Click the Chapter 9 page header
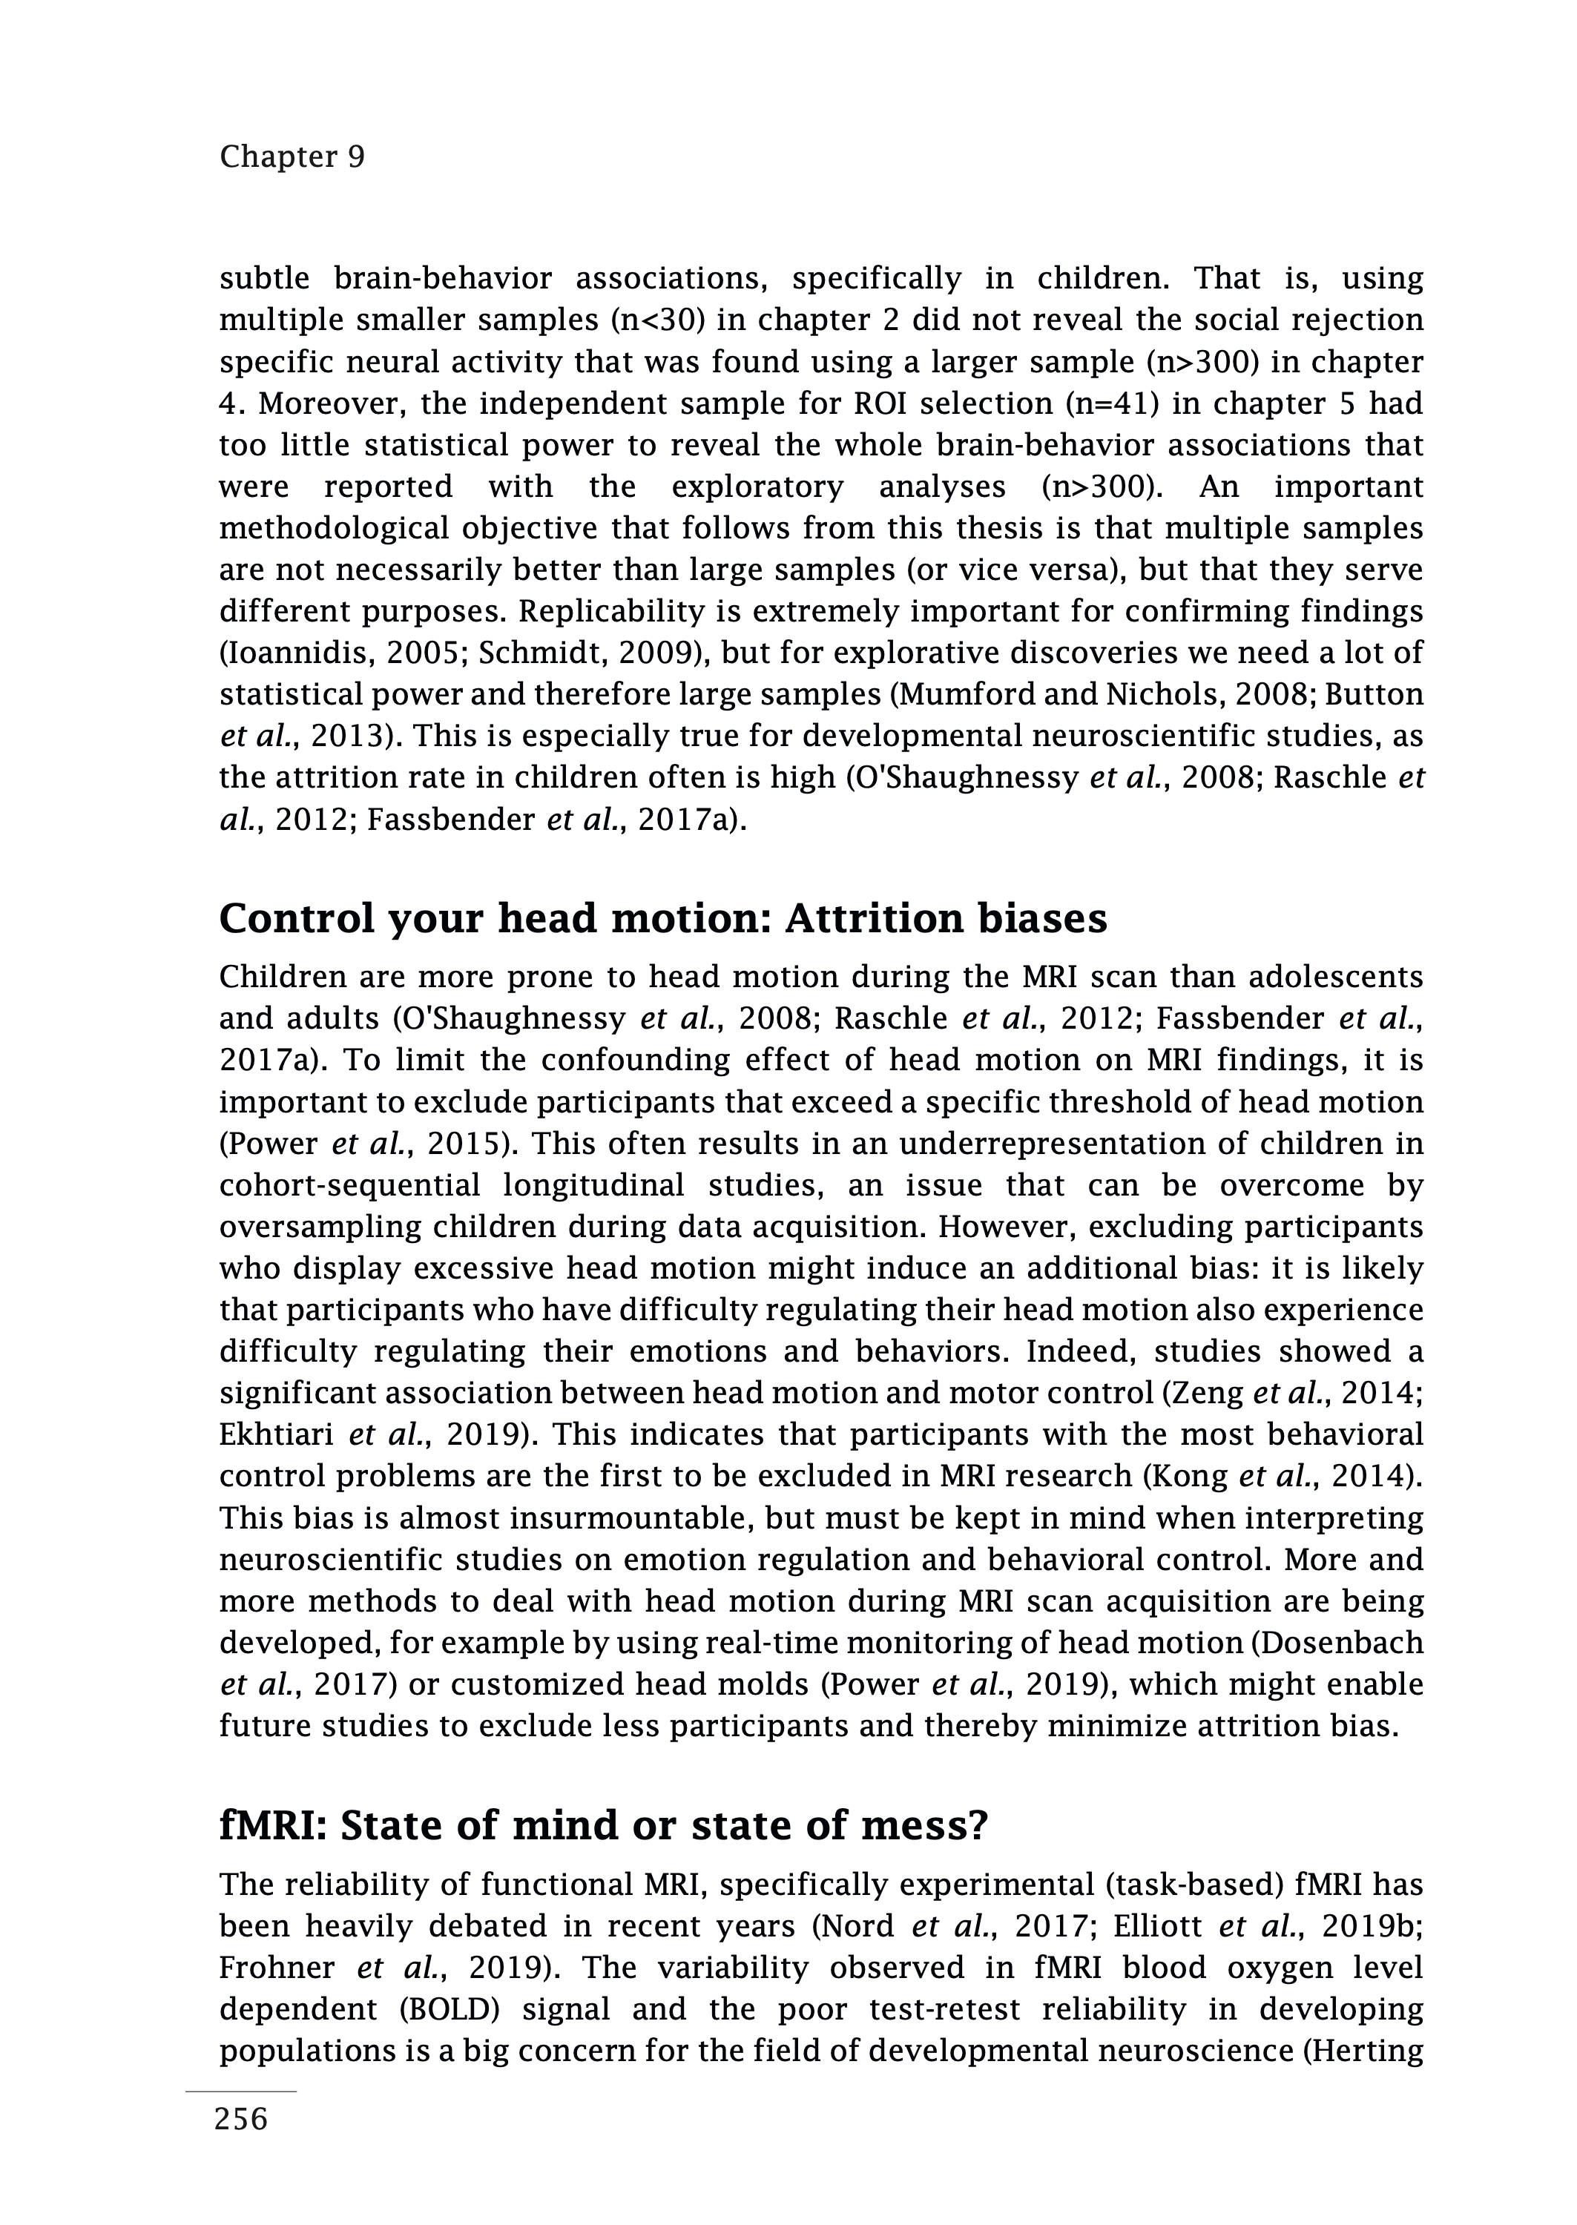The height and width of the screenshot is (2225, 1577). (292, 156)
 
